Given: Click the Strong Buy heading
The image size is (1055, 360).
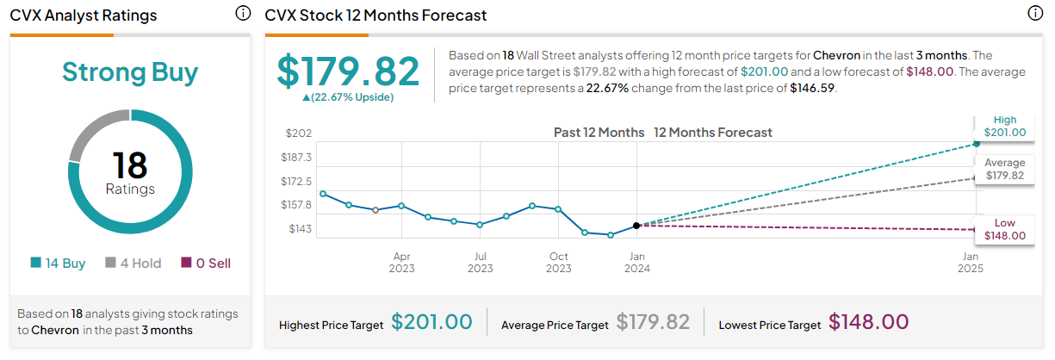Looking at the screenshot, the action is (x=130, y=72).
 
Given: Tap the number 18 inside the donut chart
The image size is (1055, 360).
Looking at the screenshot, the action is (x=130, y=165).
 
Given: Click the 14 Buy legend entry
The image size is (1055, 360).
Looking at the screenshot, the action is (x=58, y=263).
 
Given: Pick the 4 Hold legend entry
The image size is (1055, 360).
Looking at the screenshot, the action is (x=133, y=263).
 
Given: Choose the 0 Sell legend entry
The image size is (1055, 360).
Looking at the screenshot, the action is (x=206, y=263).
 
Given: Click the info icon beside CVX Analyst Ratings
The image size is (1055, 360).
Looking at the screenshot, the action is (x=243, y=13).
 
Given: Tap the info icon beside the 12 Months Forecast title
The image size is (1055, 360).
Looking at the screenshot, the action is (x=1035, y=13).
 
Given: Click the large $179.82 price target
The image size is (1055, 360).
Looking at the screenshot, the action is (x=348, y=71).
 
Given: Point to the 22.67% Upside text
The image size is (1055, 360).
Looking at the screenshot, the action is (x=348, y=97).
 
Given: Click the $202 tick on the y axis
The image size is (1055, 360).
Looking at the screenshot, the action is (x=299, y=133).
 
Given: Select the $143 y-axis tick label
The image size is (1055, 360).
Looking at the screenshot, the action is (x=300, y=229).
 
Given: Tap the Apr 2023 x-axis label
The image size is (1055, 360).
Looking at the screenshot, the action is (x=401, y=263).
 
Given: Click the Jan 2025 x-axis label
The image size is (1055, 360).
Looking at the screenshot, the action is (x=971, y=263).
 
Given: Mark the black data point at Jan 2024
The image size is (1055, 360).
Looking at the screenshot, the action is (x=636, y=226).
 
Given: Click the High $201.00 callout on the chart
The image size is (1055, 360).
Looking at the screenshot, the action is (x=1004, y=127).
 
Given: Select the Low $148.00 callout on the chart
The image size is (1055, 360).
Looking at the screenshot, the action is (x=1004, y=229).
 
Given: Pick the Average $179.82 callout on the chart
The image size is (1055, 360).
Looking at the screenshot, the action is (x=1004, y=169).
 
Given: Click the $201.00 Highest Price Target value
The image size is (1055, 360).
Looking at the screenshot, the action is (x=431, y=322).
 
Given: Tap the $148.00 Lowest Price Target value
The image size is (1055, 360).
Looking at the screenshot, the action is (x=869, y=322).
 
